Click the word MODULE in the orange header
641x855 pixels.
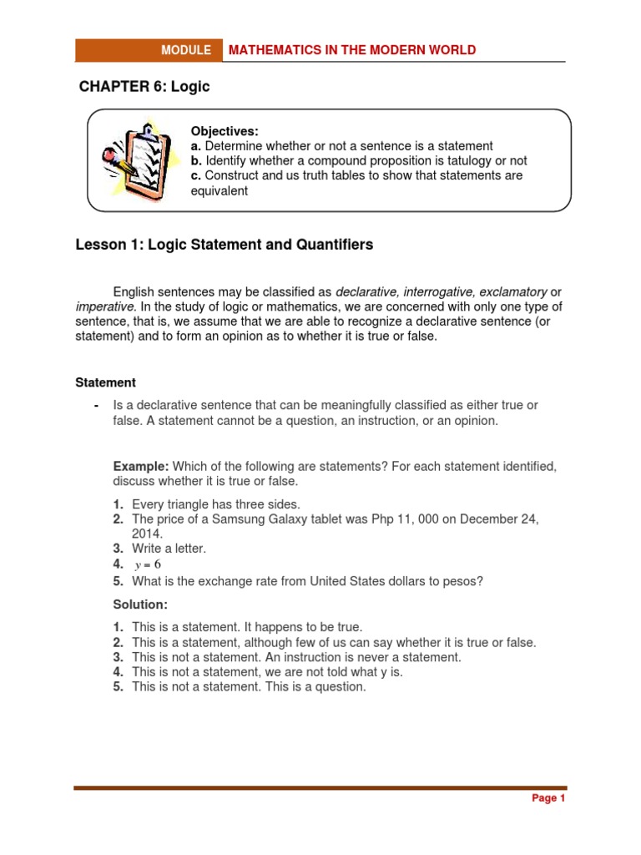[x=186, y=50]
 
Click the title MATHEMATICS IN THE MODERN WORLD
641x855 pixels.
[x=352, y=50]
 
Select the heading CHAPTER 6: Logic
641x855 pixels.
[x=144, y=87]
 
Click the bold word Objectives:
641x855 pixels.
[x=225, y=131]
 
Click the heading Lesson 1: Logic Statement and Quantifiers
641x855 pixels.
[x=225, y=245]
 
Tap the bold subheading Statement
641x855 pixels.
[x=105, y=382]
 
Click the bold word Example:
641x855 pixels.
[x=142, y=466]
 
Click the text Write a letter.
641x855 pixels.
[x=169, y=549]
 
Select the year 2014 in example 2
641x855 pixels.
[x=146, y=534]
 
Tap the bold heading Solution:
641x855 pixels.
[x=140, y=604]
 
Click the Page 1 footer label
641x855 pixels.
[x=548, y=798]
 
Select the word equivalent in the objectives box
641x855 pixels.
[x=220, y=190]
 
